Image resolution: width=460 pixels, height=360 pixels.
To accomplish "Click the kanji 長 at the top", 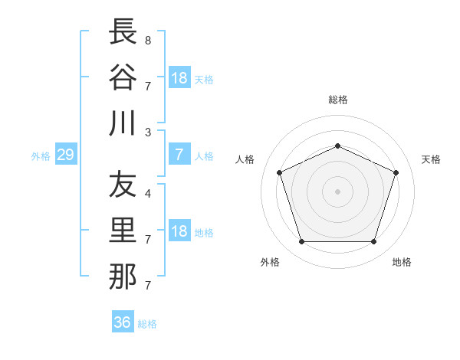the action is click(123, 31).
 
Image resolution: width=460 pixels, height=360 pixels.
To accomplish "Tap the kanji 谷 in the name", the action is click(123, 77).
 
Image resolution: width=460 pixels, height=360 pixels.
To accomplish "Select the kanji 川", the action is click(123, 123).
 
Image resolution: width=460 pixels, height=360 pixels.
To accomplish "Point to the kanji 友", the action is click(123, 184).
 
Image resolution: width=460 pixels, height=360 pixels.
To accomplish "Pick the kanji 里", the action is click(123, 230).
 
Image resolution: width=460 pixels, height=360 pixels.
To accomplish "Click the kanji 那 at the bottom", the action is click(123, 277).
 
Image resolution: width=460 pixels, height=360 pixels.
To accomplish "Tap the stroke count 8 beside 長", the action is click(148, 41).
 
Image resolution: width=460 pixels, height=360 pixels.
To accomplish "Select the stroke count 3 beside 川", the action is click(148, 133).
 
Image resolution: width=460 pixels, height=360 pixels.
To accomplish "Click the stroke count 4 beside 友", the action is click(148, 194).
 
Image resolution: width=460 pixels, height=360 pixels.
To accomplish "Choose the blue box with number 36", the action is click(123, 321).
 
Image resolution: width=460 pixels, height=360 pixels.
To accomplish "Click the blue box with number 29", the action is click(66, 154).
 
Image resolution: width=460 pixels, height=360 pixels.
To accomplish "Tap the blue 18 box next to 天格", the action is click(180, 77).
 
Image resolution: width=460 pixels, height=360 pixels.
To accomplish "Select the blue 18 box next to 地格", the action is click(180, 230).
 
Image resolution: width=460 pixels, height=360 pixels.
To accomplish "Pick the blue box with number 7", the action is click(180, 154).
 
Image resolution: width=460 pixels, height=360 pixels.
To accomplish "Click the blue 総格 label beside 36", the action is click(147, 324).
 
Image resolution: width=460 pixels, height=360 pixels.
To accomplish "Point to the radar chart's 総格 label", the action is click(338, 100).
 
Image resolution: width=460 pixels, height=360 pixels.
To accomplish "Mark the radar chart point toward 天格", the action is click(396, 172).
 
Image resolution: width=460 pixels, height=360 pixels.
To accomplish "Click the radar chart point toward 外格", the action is click(302, 241).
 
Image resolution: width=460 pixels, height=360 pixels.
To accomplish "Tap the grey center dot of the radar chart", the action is click(337, 191).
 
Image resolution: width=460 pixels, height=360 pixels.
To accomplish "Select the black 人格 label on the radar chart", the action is click(245, 159).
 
